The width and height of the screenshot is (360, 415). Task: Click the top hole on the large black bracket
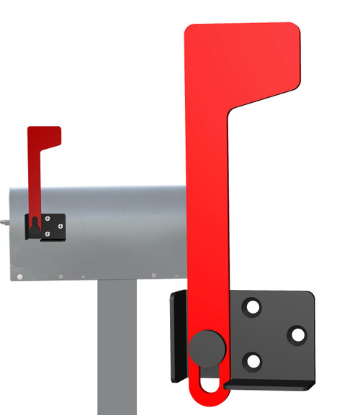(x=252, y=308)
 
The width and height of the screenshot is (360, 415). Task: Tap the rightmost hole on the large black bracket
(x=296, y=334)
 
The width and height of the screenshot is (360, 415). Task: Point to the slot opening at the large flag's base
(x=209, y=380)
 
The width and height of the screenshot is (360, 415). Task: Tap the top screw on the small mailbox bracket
(x=48, y=219)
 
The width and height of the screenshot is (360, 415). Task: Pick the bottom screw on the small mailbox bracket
(x=48, y=233)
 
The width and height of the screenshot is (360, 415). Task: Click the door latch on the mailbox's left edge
(x=4, y=222)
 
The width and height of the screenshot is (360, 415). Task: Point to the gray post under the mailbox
(x=117, y=345)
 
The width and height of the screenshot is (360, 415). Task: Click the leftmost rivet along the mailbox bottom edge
(x=20, y=277)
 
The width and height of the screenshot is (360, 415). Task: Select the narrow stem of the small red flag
(x=34, y=187)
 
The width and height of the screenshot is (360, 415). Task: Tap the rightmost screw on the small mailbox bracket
(x=61, y=226)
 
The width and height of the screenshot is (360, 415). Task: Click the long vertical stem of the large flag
(x=207, y=216)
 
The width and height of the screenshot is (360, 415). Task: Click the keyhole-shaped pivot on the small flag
(x=34, y=227)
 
